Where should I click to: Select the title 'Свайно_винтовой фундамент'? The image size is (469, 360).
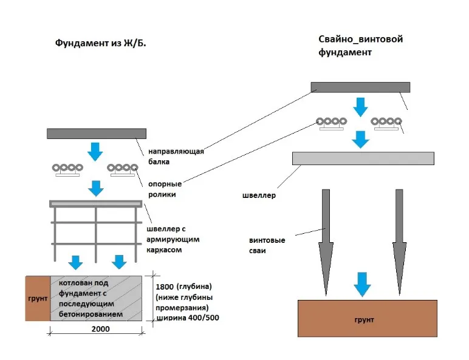360,46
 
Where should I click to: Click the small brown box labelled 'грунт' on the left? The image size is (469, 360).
38,299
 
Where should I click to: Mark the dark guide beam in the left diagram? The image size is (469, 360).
96,134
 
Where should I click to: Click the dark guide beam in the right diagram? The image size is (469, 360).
360,87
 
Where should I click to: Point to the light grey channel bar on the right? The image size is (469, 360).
363,158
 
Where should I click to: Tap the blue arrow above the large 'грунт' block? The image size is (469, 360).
362,283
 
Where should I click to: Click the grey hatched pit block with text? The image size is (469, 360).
97,299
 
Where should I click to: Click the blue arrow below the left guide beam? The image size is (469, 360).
95,151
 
